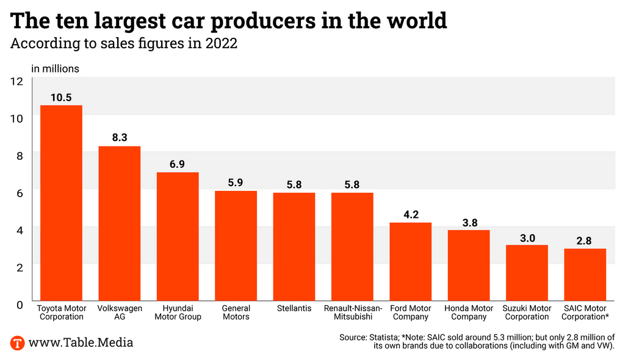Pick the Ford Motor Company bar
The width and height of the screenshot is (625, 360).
click(411, 262)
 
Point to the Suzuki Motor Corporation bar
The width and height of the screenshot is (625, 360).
click(527, 273)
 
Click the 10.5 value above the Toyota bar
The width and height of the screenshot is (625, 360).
click(61, 98)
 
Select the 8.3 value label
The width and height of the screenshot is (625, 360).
click(120, 138)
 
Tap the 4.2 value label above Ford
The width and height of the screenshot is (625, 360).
click(411, 215)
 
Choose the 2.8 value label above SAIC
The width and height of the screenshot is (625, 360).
click(585, 241)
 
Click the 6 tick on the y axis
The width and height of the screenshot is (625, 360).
click(20, 193)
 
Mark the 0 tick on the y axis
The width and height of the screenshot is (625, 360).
click(20, 304)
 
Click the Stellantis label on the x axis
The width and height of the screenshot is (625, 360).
click(294, 309)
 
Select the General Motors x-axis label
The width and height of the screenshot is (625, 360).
click(236, 312)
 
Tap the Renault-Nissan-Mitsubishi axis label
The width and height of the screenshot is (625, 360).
click(353, 312)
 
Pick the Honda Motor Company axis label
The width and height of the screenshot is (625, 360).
click(469, 312)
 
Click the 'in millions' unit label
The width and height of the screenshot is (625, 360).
click(55, 68)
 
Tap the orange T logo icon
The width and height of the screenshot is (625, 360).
click(18, 342)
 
